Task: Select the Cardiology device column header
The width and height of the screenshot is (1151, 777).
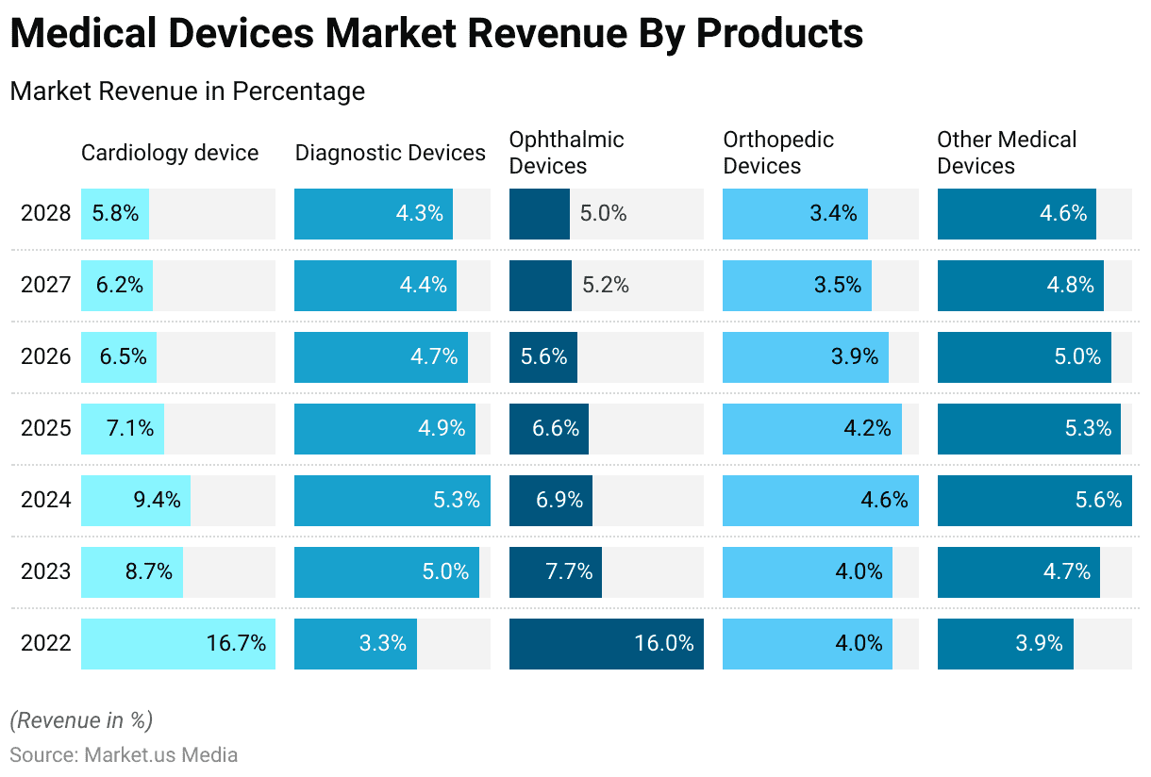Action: (170, 153)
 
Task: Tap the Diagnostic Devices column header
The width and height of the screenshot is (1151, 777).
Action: (391, 153)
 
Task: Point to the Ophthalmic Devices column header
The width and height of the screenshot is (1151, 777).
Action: (566, 153)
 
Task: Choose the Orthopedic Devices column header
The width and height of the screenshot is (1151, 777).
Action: (778, 153)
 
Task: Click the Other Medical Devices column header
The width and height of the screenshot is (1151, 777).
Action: (1006, 153)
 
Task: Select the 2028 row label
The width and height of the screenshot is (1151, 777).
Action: (46, 213)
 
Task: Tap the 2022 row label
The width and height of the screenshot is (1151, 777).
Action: (46, 644)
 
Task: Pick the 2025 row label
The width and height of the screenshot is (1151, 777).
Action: (46, 428)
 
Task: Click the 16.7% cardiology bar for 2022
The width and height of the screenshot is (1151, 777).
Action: (178, 644)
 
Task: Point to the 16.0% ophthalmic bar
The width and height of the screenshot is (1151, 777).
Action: (607, 644)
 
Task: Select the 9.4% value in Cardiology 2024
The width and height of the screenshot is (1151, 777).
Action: (157, 500)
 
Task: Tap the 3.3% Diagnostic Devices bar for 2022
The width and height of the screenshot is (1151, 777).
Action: (356, 644)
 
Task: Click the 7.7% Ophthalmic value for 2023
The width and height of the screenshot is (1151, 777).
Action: (569, 571)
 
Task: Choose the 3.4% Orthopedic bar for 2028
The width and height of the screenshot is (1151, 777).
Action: (795, 213)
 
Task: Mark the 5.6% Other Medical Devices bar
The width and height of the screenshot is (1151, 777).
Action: (1035, 500)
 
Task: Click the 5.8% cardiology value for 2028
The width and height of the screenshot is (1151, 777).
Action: (115, 213)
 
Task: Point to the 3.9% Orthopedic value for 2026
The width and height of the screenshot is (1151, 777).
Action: (855, 356)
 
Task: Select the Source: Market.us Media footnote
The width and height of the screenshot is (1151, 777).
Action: (124, 754)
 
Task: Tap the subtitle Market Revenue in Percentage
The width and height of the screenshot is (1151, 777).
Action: (187, 91)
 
